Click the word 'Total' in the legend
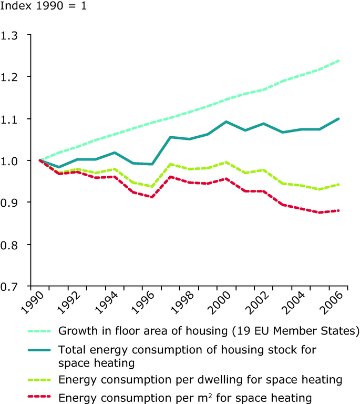70,349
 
